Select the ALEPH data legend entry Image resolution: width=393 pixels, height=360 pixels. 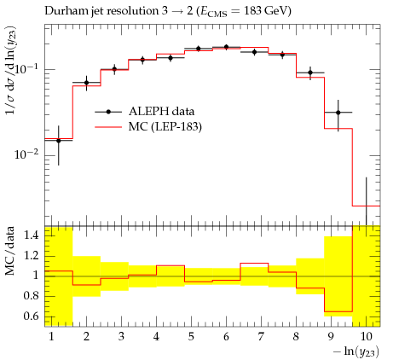point(145,112)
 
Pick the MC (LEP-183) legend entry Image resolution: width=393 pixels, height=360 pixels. point(148,127)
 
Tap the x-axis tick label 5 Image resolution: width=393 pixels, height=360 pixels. point(191,337)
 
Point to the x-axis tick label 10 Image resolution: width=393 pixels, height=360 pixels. point(366,337)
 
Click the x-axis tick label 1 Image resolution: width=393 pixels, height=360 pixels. point(51,337)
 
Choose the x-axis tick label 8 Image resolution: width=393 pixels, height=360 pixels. point(296,337)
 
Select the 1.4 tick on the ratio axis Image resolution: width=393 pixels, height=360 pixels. point(31,235)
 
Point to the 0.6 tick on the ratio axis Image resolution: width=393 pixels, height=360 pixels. point(31,316)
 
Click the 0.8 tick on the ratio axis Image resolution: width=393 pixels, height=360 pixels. point(31,296)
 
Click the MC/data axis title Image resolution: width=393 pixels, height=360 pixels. point(10,251)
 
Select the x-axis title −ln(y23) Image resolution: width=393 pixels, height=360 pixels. point(356,352)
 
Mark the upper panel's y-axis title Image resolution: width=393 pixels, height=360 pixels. point(11,71)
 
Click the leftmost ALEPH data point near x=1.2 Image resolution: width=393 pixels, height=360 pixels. point(59,141)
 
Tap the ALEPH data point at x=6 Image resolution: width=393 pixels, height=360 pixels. point(226,47)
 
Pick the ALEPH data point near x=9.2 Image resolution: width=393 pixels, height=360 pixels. point(338,113)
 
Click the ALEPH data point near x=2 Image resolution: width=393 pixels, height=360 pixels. point(86,83)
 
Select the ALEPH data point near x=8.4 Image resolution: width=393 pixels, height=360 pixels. point(310,73)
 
